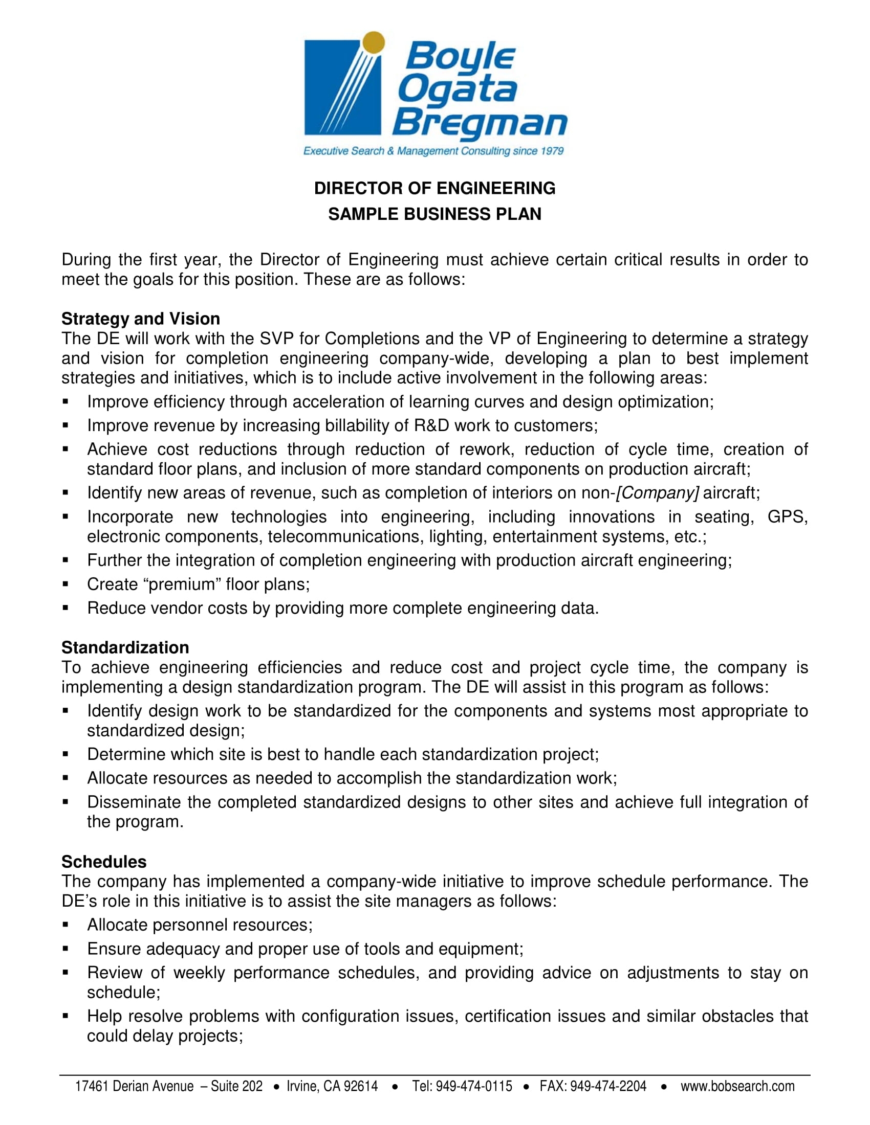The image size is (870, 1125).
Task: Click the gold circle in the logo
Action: click(x=374, y=42)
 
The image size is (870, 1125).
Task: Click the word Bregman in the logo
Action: click(x=480, y=123)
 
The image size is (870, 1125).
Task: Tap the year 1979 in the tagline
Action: click(x=552, y=151)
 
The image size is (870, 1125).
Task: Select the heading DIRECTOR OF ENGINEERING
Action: click(x=434, y=189)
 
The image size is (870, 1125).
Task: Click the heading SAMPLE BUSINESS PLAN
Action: click(x=434, y=214)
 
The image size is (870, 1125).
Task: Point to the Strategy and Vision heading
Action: click(x=141, y=319)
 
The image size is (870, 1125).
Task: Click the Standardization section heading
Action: click(x=125, y=647)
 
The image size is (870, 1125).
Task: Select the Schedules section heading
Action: click(x=104, y=862)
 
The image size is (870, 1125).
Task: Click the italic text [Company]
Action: click(x=658, y=493)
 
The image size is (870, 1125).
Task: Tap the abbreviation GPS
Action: click(x=787, y=516)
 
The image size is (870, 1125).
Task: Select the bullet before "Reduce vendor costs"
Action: click(x=66, y=608)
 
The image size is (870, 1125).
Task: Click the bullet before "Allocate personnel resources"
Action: click(x=66, y=925)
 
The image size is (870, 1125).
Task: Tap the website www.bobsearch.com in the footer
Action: click(x=737, y=1086)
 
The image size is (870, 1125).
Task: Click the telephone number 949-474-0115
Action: click(x=474, y=1086)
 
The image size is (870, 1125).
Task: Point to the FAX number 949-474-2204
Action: click(x=608, y=1086)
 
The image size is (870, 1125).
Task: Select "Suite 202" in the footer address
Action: click(x=236, y=1086)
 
